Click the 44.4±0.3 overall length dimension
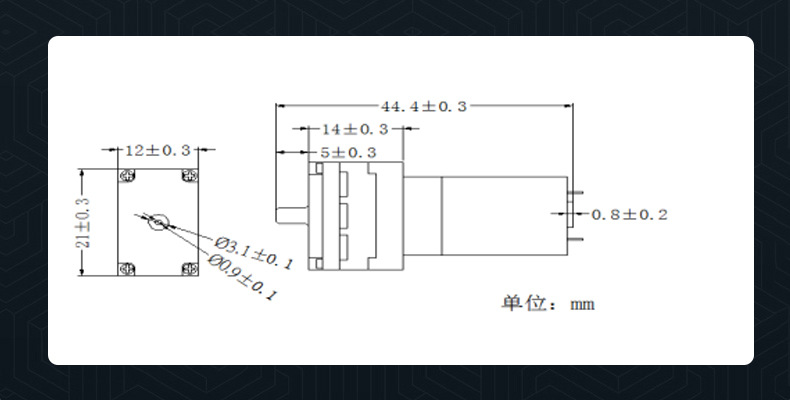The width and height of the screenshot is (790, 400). (423, 106)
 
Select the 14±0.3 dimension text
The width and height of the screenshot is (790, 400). (355, 130)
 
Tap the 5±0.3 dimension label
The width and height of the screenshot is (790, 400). (347, 153)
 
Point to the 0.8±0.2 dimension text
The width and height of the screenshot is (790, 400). (629, 215)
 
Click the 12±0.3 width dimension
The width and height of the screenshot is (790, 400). (156, 150)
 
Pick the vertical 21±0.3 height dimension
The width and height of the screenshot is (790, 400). (84, 222)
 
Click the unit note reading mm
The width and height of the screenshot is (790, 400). (582, 304)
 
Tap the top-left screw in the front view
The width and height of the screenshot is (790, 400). (127, 177)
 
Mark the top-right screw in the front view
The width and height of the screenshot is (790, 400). (188, 177)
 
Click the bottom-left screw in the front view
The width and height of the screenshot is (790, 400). (127, 268)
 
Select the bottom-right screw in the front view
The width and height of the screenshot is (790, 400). (188, 268)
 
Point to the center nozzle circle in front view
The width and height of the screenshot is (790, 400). (157, 222)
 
